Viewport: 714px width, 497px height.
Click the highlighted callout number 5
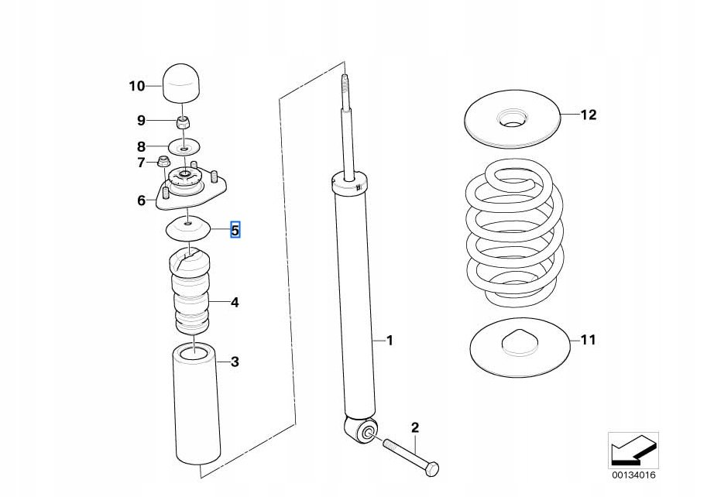click(235, 230)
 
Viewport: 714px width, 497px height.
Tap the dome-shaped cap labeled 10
click(182, 84)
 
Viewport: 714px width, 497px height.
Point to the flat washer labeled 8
click(184, 146)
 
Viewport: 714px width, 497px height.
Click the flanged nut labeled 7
click(163, 161)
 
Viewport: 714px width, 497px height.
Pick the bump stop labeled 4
click(191, 290)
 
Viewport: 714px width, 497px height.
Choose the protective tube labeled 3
click(197, 405)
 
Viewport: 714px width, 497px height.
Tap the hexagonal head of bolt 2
click(431, 469)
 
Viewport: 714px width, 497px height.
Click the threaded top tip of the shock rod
click(345, 83)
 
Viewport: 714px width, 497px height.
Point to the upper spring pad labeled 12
click(513, 119)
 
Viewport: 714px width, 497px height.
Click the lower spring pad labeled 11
click(520, 347)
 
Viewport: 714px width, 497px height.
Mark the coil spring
click(514, 232)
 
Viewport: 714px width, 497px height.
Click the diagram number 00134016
click(633, 475)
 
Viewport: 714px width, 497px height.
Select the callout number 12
click(588, 115)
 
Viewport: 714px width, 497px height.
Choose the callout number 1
click(390, 340)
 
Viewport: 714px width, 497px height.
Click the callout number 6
click(142, 201)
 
